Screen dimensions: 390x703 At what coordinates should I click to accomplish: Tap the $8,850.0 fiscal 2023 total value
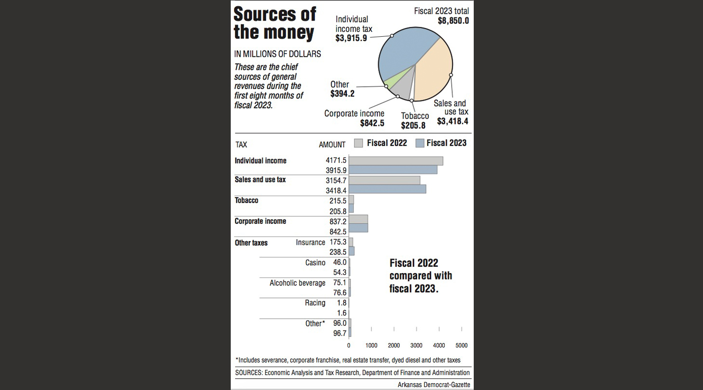[x=453, y=21]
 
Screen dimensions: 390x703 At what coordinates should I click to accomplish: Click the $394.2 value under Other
[x=342, y=94]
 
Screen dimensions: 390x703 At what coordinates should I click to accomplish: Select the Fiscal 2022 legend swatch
[x=359, y=143]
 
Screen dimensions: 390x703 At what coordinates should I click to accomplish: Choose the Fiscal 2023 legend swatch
[x=419, y=143]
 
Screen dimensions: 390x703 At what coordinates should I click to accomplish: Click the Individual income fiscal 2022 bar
[x=396, y=161]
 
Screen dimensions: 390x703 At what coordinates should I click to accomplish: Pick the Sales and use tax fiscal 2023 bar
[x=387, y=189]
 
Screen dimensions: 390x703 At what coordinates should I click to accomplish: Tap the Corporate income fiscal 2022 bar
[x=358, y=219]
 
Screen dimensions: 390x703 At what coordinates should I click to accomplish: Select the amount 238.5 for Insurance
[x=338, y=252]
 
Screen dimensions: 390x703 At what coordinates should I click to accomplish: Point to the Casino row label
[x=315, y=263]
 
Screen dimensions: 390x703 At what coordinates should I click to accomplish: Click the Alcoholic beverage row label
[x=297, y=283]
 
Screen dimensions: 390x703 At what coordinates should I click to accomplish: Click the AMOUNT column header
[x=332, y=145]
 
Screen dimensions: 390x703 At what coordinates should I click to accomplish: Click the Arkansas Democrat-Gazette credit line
[x=434, y=385]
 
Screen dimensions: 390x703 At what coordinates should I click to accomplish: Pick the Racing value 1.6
[x=341, y=313]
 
